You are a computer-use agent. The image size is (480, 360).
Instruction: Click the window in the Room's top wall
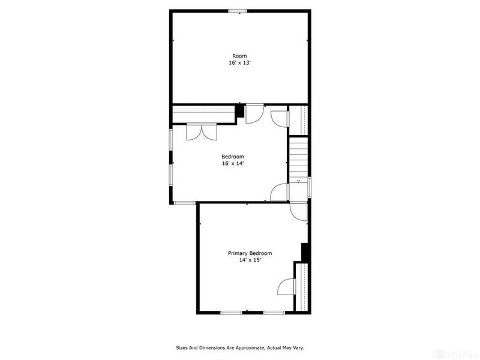pyautogui.click(x=238, y=10)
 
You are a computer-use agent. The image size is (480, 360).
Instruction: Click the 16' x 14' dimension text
pyautogui.click(x=233, y=163)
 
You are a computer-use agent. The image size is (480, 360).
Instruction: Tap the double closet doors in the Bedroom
pyautogui.click(x=201, y=132)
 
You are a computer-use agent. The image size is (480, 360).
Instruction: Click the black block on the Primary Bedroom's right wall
pyautogui.click(x=305, y=252)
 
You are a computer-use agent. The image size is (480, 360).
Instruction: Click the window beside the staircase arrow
pyautogui.click(x=310, y=185)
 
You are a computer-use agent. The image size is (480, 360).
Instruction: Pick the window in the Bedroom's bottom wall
pyautogui.click(x=185, y=203)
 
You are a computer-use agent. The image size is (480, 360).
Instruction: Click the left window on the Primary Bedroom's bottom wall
pyautogui.click(x=231, y=313)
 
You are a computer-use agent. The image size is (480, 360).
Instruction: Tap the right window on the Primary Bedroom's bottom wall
pyautogui.click(x=274, y=313)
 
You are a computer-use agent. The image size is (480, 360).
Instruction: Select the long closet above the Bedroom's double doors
pyautogui.click(x=203, y=110)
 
